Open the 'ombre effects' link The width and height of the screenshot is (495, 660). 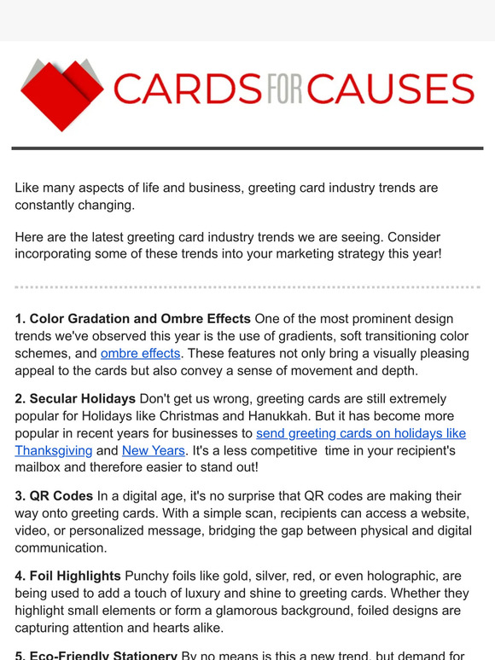[140, 353]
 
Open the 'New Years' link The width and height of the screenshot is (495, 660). [154, 450]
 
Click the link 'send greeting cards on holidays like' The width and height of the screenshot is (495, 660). [361, 433]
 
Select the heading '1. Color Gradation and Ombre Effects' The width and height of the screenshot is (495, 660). [132, 319]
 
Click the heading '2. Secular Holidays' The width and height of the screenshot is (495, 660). [75, 398]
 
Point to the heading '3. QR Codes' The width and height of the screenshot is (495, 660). [54, 495]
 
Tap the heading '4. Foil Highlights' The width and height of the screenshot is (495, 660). [67, 576]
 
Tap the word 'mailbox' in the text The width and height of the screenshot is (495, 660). [43, 467]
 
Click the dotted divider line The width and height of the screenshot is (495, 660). [247, 287]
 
